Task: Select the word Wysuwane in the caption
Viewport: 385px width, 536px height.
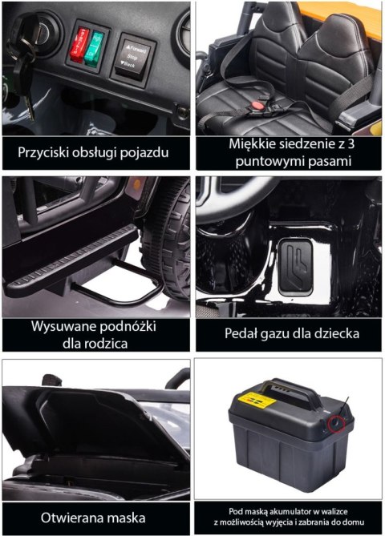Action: coord(63,328)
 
